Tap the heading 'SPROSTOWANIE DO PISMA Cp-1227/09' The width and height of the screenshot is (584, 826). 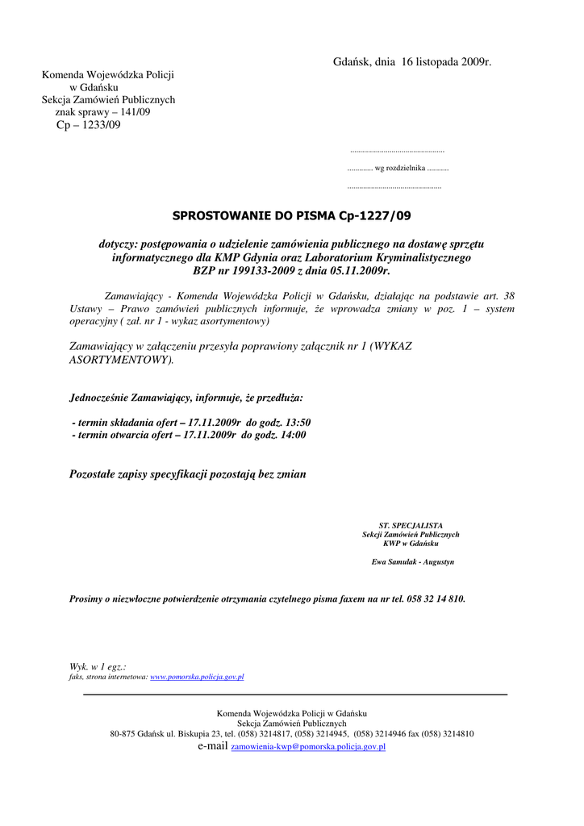291,216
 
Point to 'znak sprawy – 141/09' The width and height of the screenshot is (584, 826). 102,112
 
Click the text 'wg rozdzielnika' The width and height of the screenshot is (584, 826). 398,168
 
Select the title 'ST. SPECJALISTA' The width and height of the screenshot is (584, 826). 411,525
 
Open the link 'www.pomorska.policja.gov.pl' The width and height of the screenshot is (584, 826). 197,677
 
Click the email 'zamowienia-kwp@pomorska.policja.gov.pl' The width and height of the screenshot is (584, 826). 308,748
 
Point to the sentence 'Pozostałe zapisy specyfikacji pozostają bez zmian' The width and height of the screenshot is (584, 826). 188,474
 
